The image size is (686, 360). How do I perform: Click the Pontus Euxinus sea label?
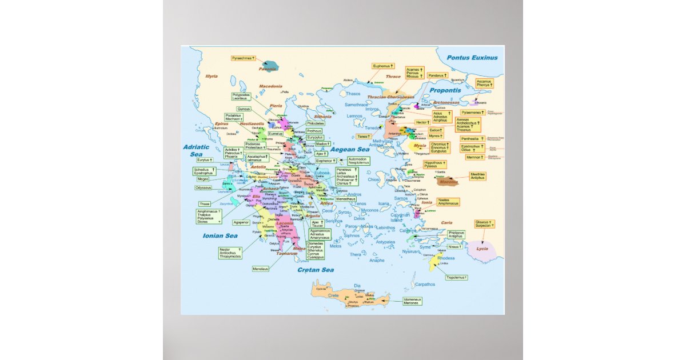[472, 58]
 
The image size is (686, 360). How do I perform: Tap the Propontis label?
[445, 90]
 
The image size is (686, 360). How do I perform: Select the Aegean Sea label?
[350, 149]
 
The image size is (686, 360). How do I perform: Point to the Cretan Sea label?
[315, 270]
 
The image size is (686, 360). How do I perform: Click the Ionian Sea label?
[220, 235]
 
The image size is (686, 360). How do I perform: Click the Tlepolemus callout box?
[457, 277]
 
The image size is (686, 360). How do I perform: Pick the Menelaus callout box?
[260, 269]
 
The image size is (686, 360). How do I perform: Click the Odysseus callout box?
[204, 187]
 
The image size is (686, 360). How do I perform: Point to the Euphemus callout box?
[382, 66]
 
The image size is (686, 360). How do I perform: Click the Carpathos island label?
[425, 284]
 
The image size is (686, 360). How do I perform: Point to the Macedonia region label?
[270, 86]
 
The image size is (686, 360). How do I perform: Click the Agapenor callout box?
[241, 222]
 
